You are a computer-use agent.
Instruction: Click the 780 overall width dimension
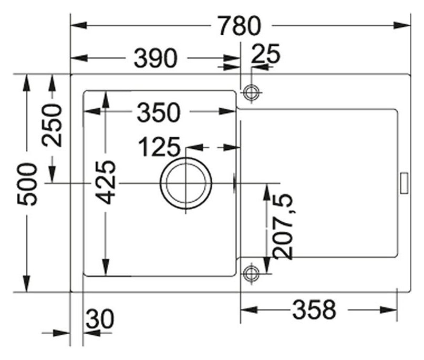[x=240, y=25]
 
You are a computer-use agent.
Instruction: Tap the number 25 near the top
[x=266, y=54]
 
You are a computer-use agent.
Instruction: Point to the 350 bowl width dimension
[x=159, y=112]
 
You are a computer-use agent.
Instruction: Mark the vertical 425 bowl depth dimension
[x=107, y=182]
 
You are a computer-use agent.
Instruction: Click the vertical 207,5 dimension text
[x=284, y=226]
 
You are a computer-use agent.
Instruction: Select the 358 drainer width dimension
[x=314, y=310]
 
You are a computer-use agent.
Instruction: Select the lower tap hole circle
[x=251, y=273]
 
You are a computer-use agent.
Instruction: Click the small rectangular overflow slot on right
[x=404, y=182]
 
